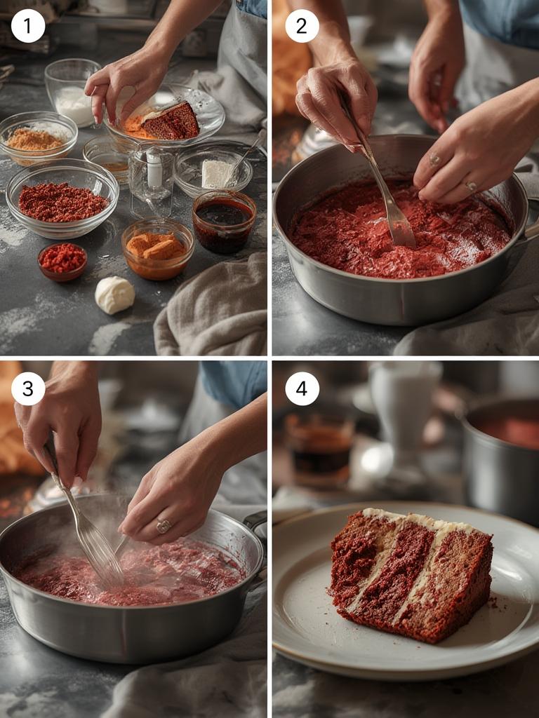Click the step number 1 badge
click(28, 26)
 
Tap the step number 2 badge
click(302, 26)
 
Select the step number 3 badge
click(28, 388)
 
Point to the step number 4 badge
click(302, 388)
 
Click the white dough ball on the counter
click(114, 294)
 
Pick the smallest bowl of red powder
click(62, 261)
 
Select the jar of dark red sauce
click(224, 221)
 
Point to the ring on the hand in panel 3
click(163, 525)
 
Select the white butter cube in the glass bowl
click(217, 173)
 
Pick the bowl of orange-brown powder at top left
click(36, 137)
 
